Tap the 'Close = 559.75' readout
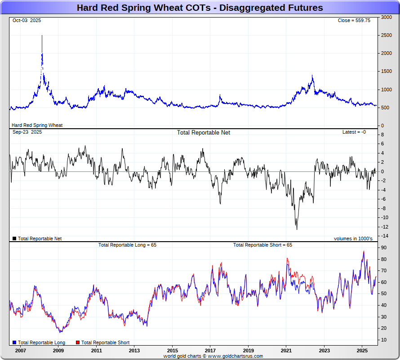(354, 21)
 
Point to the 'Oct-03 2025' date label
(27, 21)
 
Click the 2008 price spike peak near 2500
(42, 36)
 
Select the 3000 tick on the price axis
(386, 18)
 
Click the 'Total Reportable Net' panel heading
(203, 133)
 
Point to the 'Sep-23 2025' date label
(27, 132)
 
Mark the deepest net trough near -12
(297, 229)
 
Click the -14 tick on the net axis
(386, 236)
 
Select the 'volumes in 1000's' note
(353, 238)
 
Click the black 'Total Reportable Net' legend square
(14, 238)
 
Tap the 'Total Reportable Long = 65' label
(127, 245)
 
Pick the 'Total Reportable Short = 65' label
(262, 245)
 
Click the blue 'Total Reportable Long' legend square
(14, 343)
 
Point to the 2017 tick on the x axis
(210, 351)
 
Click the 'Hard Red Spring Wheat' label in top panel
(37, 125)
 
